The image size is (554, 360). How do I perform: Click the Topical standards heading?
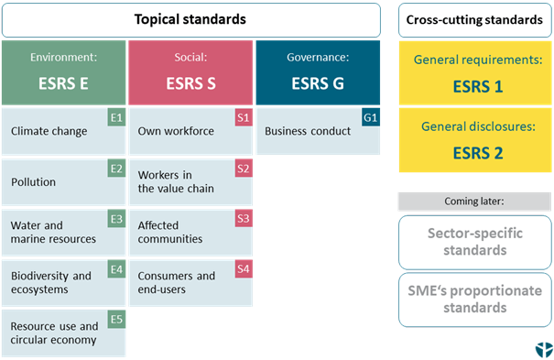(x=190, y=19)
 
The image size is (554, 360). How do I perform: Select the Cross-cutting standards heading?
(x=475, y=19)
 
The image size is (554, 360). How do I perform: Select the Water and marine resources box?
(x=63, y=232)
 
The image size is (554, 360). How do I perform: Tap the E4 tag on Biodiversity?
(x=116, y=269)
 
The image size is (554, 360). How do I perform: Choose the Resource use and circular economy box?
(x=63, y=333)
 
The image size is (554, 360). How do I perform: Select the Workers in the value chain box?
(x=190, y=181)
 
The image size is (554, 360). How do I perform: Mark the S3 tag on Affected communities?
(x=243, y=219)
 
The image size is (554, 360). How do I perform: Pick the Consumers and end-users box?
(x=190, y=282)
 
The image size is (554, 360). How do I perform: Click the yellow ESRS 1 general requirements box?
(x=475, y=74)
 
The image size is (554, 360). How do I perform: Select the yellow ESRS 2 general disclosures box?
(x=475, y=141)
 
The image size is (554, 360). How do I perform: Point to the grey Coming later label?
(x=475, y=202)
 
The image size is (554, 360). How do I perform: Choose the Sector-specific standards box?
(x=475, y=242)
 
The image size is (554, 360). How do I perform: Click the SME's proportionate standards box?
(x=475, y=300)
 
